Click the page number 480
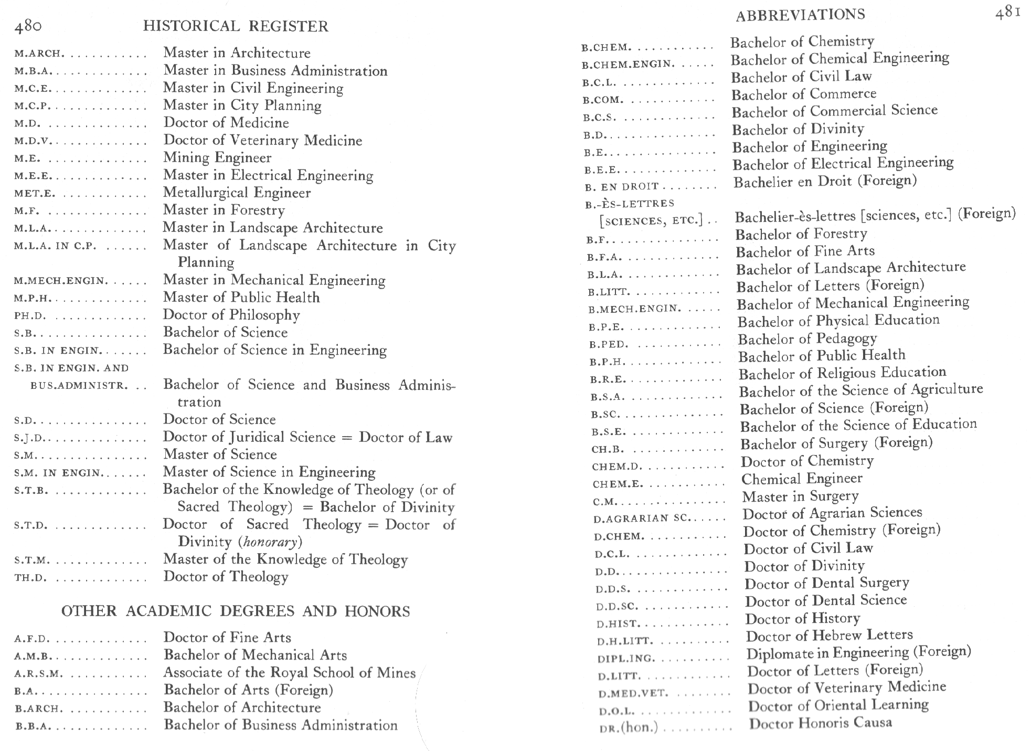(28, 26)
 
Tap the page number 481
(1007, 13)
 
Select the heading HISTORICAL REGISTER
(236, 26)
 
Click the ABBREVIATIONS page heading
(800, 15)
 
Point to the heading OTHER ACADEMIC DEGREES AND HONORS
(236, 611)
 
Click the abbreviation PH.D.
(30, 316)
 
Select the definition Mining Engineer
(217, 157)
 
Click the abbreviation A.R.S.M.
(39, 673)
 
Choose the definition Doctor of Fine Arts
(227, 638)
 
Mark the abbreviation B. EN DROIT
(622, 187)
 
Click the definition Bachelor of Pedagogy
(807, 339)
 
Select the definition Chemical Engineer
(802, 479)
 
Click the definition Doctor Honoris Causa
(820, 723)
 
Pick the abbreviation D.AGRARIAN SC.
(641, 519)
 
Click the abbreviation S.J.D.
(30, 438)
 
